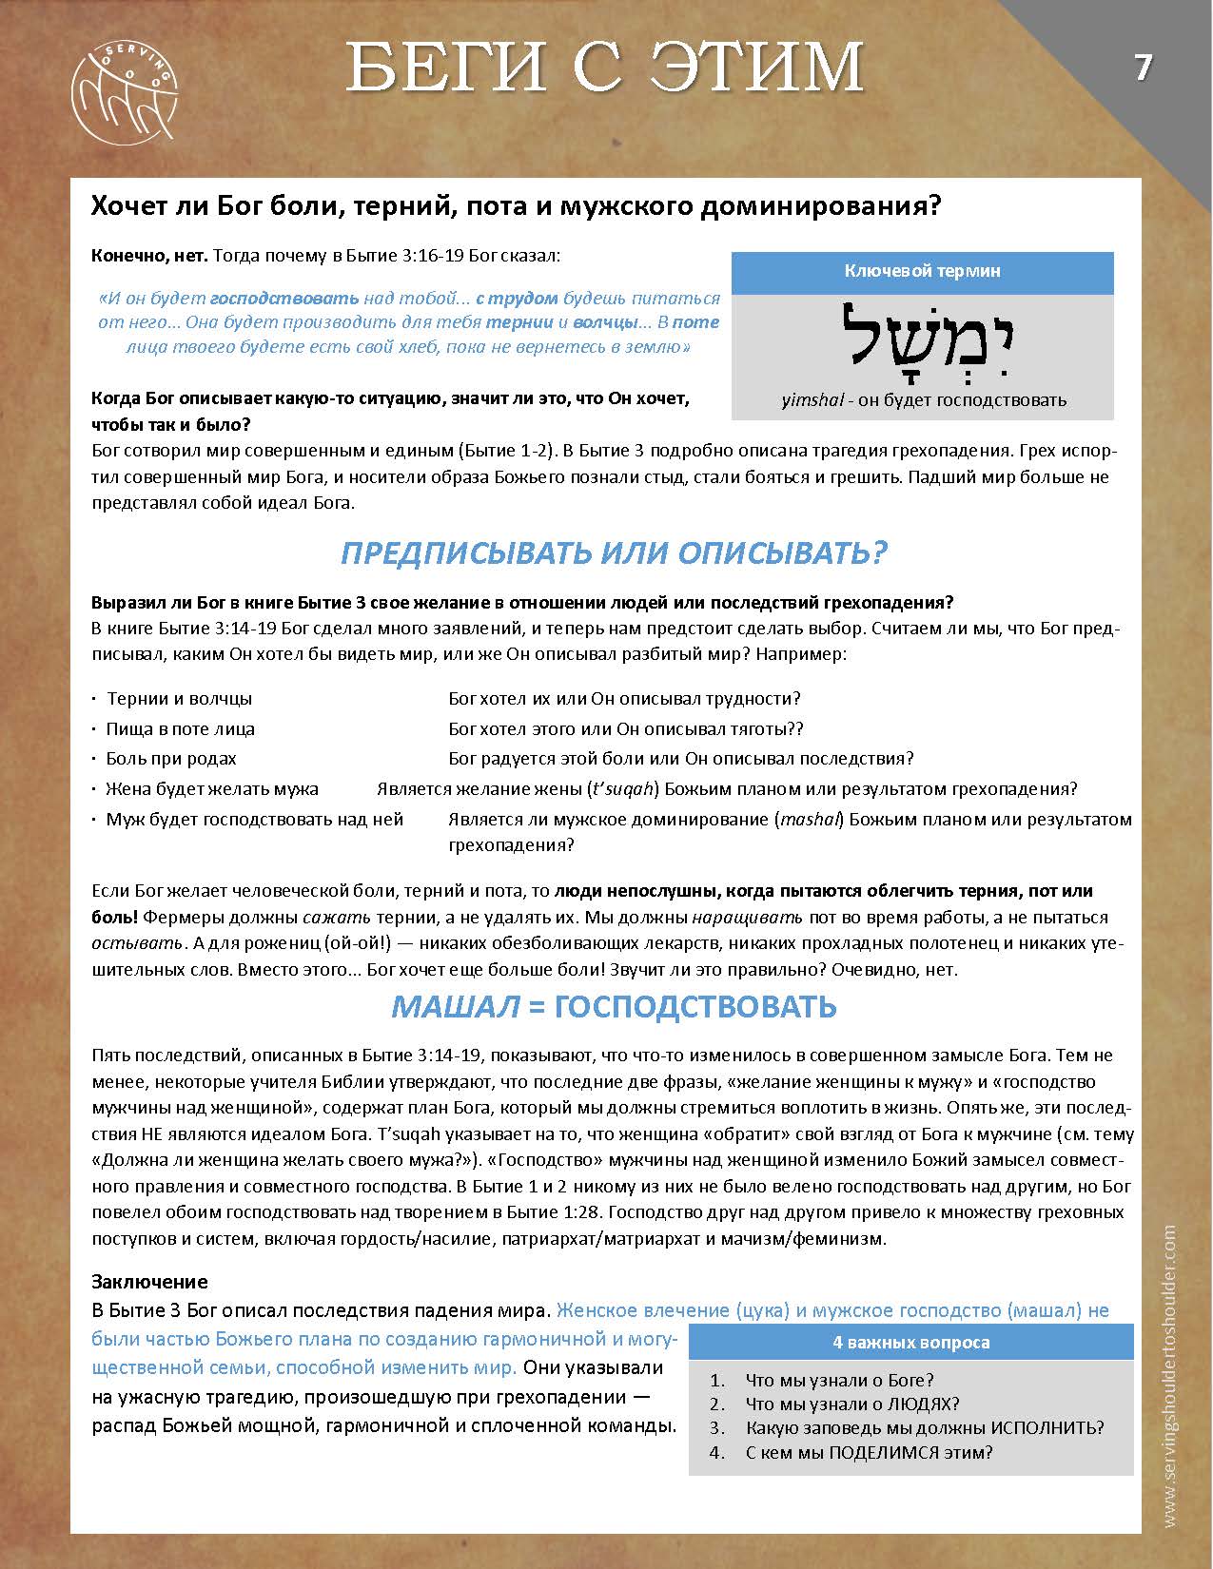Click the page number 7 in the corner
(1143, 68)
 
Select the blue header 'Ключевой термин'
(922, 272)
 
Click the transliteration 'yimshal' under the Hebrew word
(812, 400)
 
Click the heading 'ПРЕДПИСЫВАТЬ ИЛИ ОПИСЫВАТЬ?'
(614, 553)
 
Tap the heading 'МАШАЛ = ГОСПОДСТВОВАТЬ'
(614, 1006)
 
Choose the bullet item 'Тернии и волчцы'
(179, 699)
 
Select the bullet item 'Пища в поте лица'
(180, 729)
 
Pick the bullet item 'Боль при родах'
(171, 759)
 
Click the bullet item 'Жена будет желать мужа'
(211, 789)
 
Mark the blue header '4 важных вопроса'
(910, 1343)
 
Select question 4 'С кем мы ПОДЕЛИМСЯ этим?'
(869, 1452)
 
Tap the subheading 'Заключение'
(149, 1282)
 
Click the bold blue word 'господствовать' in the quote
(284, 298)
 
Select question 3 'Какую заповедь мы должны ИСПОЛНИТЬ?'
(925, 1428)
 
